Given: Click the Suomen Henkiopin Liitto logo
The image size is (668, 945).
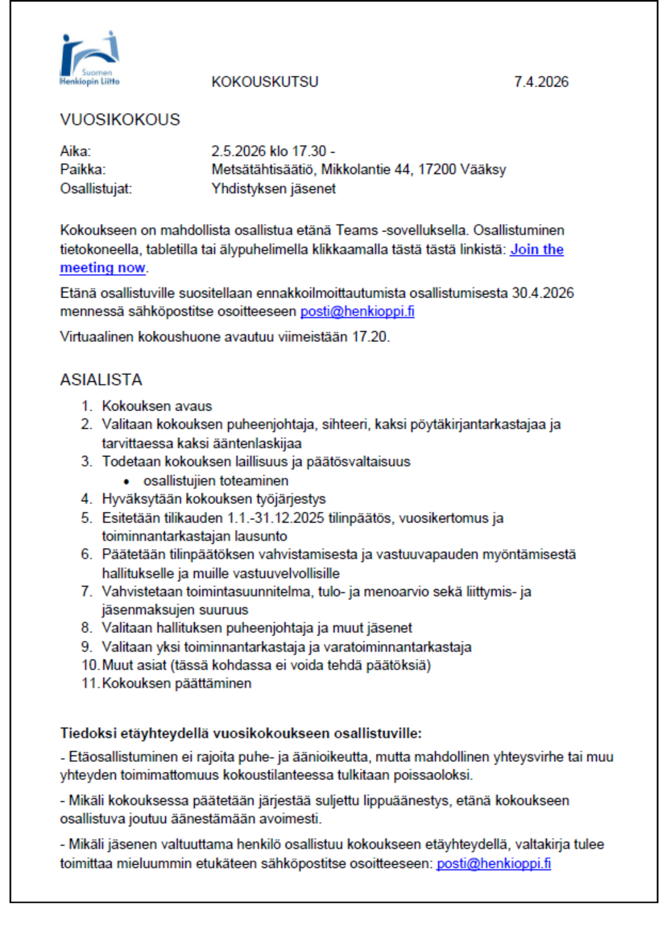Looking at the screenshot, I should tap(90, 59).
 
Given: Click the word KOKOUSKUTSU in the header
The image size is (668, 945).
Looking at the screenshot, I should tap(265, 82).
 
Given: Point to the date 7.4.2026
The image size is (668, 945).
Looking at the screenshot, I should tap(541, 82).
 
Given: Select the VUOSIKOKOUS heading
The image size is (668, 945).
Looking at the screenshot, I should tap(120, 120).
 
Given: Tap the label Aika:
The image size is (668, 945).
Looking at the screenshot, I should tap(75, 151).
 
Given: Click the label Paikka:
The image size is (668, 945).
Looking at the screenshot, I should tap(83, 170).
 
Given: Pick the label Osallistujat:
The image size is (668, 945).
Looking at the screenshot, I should tap(96, 188).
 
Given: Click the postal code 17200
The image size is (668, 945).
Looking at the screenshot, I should tap(436, 170).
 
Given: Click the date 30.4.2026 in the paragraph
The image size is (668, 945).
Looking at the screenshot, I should tap(542, 293).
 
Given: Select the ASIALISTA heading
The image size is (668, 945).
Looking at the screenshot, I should tap(101, 380).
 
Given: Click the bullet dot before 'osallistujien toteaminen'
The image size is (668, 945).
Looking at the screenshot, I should tap(126, 481).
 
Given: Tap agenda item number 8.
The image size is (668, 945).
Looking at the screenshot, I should tap(86, 628).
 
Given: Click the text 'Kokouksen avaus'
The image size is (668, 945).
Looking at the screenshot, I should tap(157, 406).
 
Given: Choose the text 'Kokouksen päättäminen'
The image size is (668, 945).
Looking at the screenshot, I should tap(176, 684).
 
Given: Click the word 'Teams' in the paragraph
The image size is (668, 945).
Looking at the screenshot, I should tap(357, 231).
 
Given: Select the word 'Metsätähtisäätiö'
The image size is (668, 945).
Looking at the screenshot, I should tap(262, 170).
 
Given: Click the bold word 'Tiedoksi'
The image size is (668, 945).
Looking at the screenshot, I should tap(88, 733).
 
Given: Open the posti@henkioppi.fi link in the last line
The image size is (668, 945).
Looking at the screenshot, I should tap(494, 863).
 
